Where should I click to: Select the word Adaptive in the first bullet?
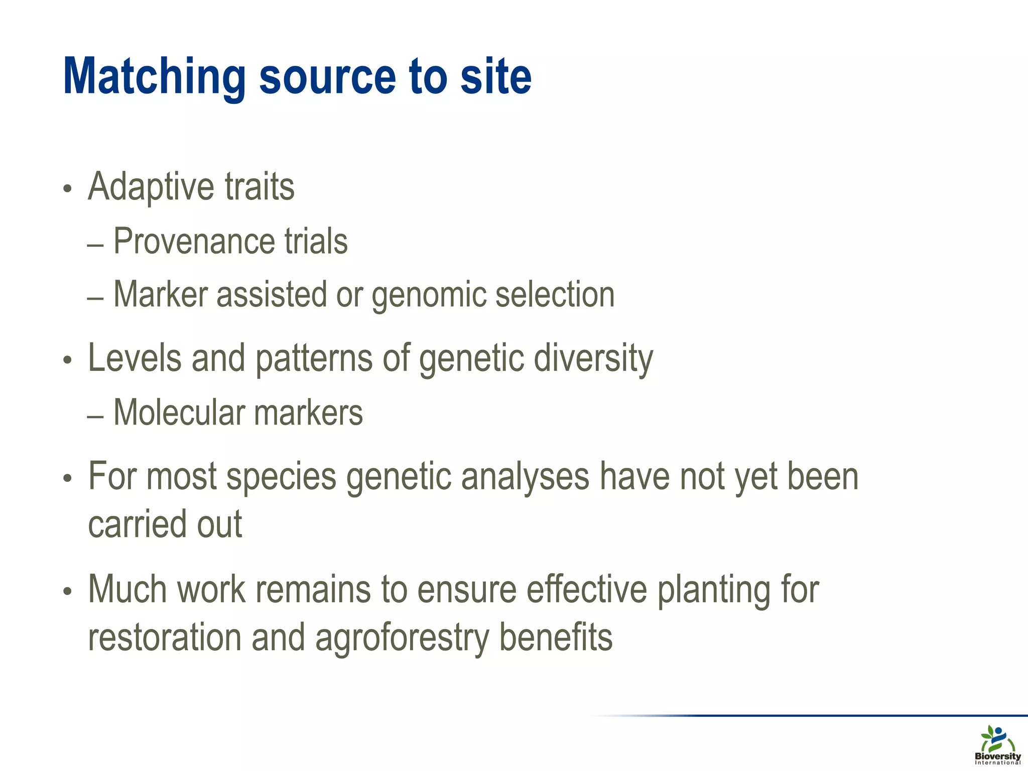[151, 187]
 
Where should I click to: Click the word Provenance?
[194, 241]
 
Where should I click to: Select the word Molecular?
[179, 413]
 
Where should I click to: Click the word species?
[281, 477]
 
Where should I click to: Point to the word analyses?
[525, 477]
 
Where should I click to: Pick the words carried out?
[165, 524]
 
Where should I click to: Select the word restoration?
[164, 637]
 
